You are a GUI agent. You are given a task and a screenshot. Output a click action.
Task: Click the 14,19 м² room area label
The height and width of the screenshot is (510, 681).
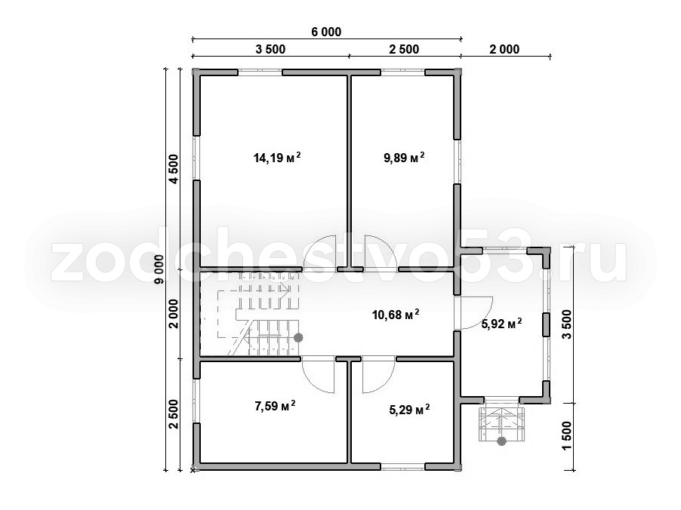pyautogui.click(x=277, y=158)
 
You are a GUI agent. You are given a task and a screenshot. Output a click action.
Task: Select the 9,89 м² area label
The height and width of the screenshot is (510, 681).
pyautogui.click(x=403, y=157)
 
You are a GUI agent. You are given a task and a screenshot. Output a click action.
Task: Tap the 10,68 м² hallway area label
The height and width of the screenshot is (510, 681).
pyautogui.click(x=396, y=314)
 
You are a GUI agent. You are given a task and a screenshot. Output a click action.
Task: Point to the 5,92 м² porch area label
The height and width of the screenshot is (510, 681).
pyautogui.click(x=501, y=324)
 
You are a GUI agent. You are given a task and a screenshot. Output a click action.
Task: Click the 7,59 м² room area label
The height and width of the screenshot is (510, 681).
pyautogui.click(x=275, y=406)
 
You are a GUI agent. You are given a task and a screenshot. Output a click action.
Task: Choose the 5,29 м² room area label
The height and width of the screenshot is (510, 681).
pyautogui.click(x=409, y=410)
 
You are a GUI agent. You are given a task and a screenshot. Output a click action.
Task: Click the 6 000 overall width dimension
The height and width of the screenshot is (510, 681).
pyautogui.click(x=326, y=32)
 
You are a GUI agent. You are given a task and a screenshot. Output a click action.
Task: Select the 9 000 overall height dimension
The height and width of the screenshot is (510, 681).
pyautogui.click(x=160, y=269)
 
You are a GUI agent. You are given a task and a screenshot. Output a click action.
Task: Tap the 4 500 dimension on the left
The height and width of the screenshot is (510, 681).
pyautogui.click(x=174, y=169)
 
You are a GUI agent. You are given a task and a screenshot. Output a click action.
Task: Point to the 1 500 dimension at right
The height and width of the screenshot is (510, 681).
pyautogui.click(x=567, y=436)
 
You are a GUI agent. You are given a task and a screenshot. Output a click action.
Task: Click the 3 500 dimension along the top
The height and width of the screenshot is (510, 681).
pyautogui.click(x=270, y=50)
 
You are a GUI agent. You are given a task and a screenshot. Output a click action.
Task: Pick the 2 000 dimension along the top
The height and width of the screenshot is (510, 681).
pyautogui.click(x=504, y=50)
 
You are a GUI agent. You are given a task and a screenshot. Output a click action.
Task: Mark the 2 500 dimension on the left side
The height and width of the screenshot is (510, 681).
pyautogui.click(x=174, y=414)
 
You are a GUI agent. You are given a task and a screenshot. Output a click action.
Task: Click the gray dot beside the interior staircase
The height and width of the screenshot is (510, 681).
pyautogui.click(x=298, y=337)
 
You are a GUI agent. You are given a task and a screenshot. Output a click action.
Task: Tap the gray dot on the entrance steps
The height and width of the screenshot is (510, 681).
pyautogui.click(x=501, y=441)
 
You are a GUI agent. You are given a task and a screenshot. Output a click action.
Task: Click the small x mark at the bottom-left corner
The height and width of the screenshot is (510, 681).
pyautogui.click(x=193, y=469)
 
